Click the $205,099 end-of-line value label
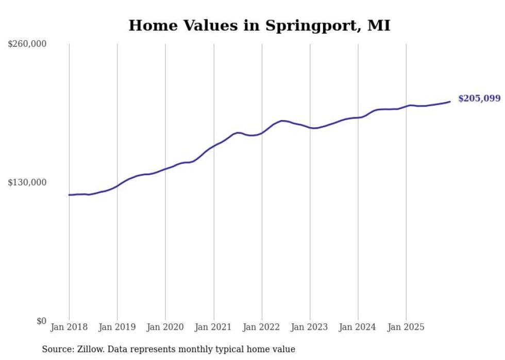tap(479, 98)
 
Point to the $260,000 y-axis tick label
tap(27, 44)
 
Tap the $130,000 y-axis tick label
tap(27, 182)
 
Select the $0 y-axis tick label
tap(41, 321)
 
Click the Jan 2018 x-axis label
tap(69, 327)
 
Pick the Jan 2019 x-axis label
tap(117, 327)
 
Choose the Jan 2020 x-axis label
tap(165, 327)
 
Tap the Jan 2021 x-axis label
tap(214, 327)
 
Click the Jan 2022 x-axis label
tap(262, 327)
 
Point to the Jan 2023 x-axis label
tap(310, 327)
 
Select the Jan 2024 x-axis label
tap(358, 327)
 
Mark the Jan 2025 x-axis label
tap(406, 327)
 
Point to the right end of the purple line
tap(450, 101)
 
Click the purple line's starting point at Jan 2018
tap(69, 195)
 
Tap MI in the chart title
tap(379, 25)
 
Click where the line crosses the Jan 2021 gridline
tap(214, 145)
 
